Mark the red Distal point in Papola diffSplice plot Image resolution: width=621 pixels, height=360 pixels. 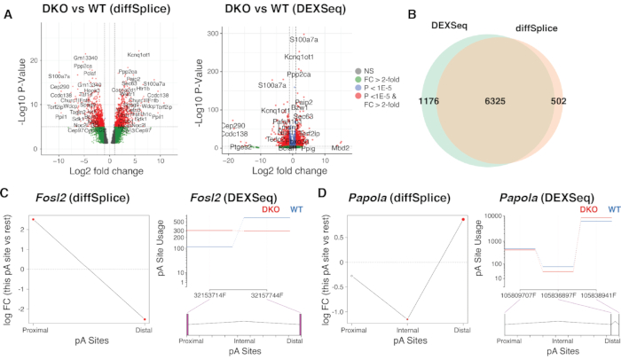(460, 221)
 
